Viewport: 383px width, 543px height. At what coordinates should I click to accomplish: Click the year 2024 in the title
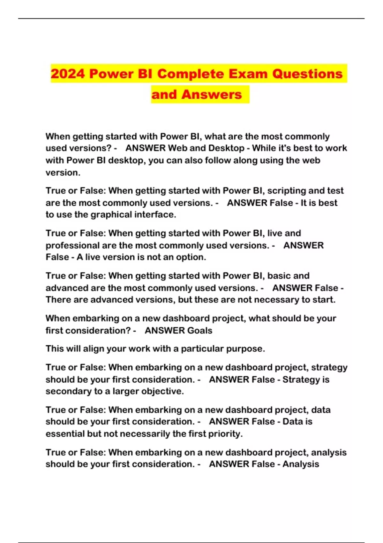[68, 74]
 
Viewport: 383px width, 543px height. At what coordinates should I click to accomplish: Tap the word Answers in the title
[212, 95]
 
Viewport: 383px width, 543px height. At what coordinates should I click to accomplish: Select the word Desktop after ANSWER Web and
[226, 148]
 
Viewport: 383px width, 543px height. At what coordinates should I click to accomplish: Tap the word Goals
[199, 330]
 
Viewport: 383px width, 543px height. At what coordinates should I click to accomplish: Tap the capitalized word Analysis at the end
[301, 464]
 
